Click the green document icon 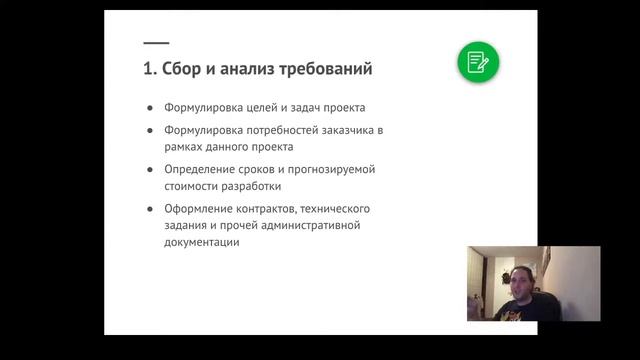(478, 62)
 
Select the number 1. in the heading (150, 70)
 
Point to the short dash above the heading (156, 43)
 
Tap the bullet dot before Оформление (150, 208)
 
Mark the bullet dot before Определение (150, 169)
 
